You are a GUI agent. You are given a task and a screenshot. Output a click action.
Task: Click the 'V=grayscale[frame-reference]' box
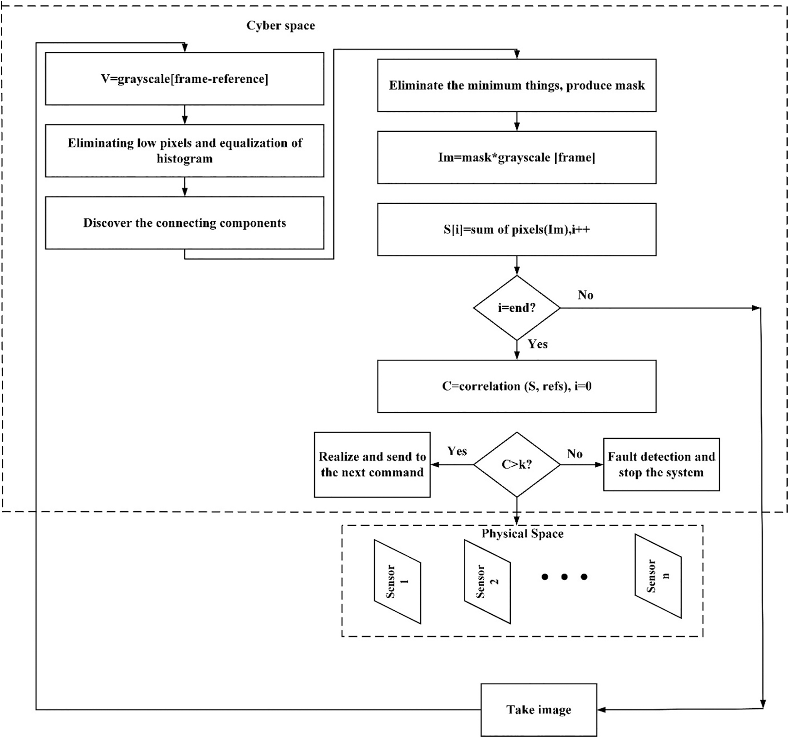184,79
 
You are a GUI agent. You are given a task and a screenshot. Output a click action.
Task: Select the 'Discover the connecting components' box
184,223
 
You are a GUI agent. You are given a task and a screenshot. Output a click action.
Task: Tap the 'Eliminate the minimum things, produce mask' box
517,85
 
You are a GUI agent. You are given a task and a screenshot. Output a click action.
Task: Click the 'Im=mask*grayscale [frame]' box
517,157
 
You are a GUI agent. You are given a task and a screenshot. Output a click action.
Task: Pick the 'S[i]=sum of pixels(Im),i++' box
517,230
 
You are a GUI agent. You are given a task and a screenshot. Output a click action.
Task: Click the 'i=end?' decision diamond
517,308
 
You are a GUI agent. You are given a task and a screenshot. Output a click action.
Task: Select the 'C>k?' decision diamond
517,465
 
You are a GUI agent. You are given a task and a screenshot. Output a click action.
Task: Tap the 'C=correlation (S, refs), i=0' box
517,386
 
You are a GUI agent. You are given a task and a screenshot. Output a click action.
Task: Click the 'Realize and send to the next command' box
372,465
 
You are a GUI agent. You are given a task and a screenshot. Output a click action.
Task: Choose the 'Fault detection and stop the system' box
661,465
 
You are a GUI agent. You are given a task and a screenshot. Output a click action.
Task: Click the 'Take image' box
539,710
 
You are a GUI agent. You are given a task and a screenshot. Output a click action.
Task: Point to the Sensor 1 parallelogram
397,581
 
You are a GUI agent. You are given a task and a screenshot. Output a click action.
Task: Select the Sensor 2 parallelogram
487,581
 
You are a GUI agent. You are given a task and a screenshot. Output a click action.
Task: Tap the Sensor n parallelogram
658,576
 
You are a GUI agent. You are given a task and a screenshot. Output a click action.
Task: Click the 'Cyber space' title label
281,26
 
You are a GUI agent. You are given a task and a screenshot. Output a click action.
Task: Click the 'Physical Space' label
522,534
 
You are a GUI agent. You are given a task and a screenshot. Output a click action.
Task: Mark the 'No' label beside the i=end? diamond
585,295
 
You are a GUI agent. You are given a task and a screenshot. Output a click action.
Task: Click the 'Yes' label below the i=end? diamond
538,344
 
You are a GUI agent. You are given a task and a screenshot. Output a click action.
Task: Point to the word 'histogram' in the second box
184,159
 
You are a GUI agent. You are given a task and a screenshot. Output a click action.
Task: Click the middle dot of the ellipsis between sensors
564,577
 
